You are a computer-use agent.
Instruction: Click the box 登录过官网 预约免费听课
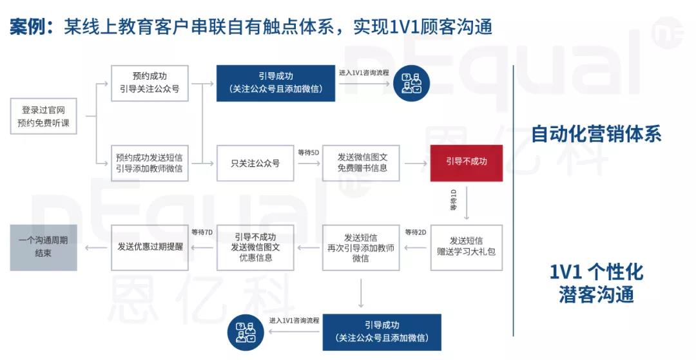pyautogui.click(x=44, y=116)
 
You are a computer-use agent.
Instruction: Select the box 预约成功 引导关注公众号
pyautogui.click(x=150, y=83)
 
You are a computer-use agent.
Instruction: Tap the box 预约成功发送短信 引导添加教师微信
pyautogui.click(x=150, y=163)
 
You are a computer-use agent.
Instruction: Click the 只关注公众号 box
pyautogui.click(x=255, y=163)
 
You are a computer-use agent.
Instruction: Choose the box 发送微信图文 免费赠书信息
pyautogui.click(x=361, y=163)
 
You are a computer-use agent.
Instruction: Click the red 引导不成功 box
pyautogui.click(x=467, y=163)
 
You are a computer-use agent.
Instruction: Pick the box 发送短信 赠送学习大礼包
pyautogui.click(x=467, y=247)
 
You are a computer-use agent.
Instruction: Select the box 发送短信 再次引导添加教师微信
pyautogui.click(x=361, y=247)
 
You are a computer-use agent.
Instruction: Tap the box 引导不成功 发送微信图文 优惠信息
pyautogui.click(x=255, y=247)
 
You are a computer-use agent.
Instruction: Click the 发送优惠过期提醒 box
pyautogui.click(x=150, y=247)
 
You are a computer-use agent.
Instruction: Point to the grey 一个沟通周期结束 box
pyautogui.click(x=44, y=247)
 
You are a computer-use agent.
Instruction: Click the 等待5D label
pyautogui.click(x=309, y=153)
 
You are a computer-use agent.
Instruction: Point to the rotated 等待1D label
pyautogui.click(x=453, y=200)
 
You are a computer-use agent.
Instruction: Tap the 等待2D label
pyautogui.click(x=416, y=232)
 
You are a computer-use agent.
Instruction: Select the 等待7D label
pyautogui.click(x=202, y=232)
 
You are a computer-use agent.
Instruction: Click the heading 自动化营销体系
pyautogui.click(x=596, y=133)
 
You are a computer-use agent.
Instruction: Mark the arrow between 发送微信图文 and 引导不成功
pyautogui.click(x=416, y=164)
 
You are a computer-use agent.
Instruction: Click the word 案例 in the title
pyautogui.click(x=28, y=27)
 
